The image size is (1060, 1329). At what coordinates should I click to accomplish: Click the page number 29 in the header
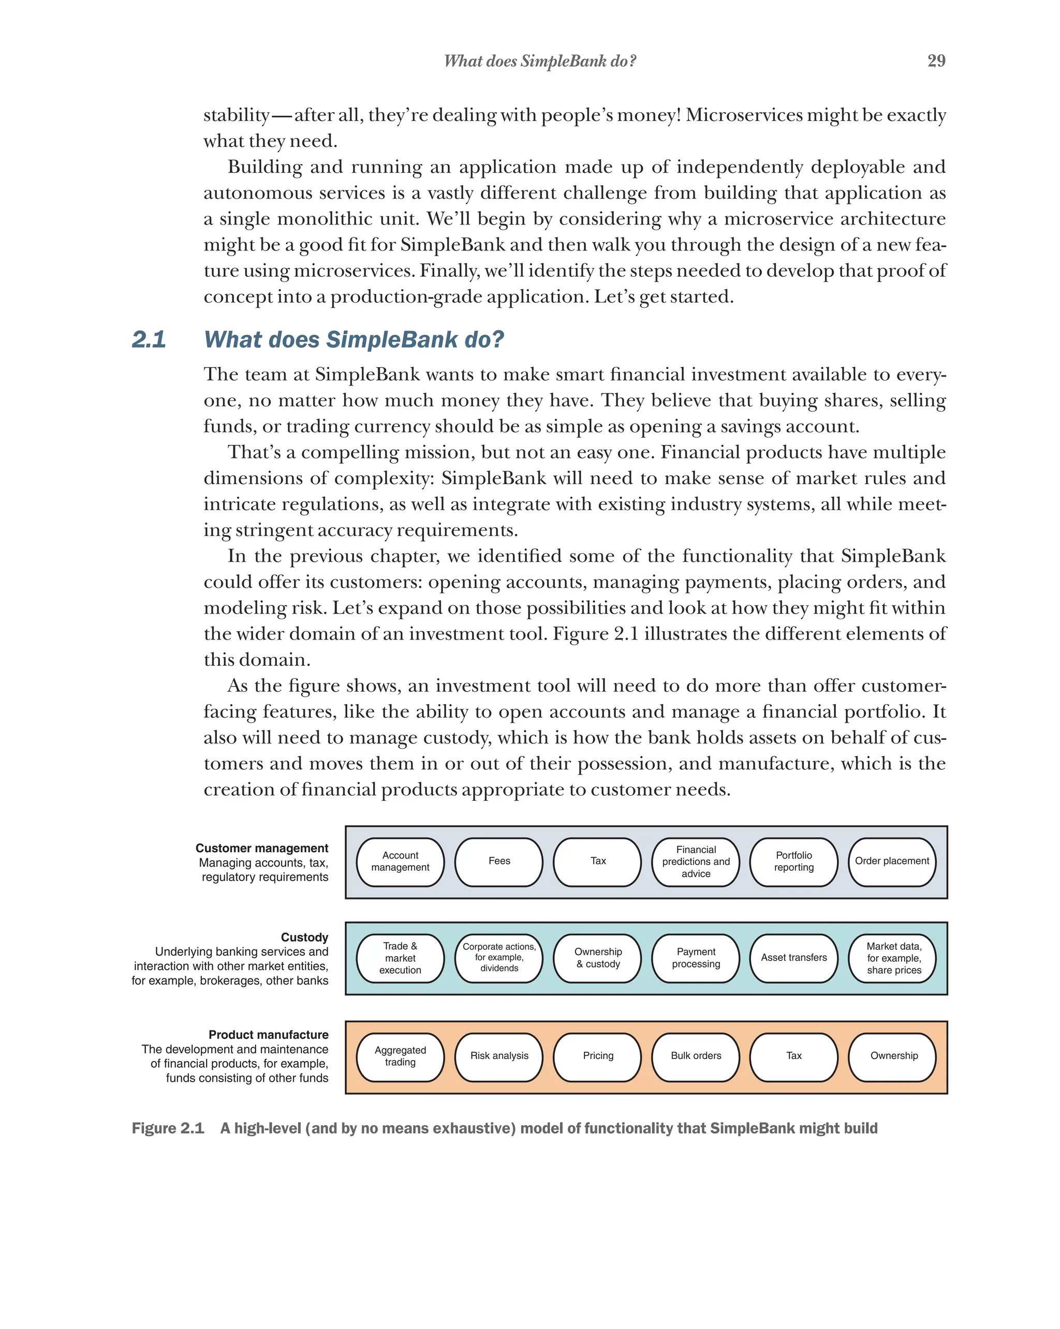(935, 61)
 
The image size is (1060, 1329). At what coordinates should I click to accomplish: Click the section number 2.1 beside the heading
(149, 340)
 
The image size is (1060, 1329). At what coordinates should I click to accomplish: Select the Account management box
(400, 861)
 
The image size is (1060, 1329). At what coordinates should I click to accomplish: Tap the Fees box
(499, 861)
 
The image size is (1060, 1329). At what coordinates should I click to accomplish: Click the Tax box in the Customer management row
(597, 861)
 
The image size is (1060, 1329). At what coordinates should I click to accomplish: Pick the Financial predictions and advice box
(696, 861)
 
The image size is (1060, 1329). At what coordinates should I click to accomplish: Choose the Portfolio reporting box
(793, 861)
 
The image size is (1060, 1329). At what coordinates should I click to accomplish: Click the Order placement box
(892, 861)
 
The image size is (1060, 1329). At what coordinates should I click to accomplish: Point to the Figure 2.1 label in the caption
(168, 1128)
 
